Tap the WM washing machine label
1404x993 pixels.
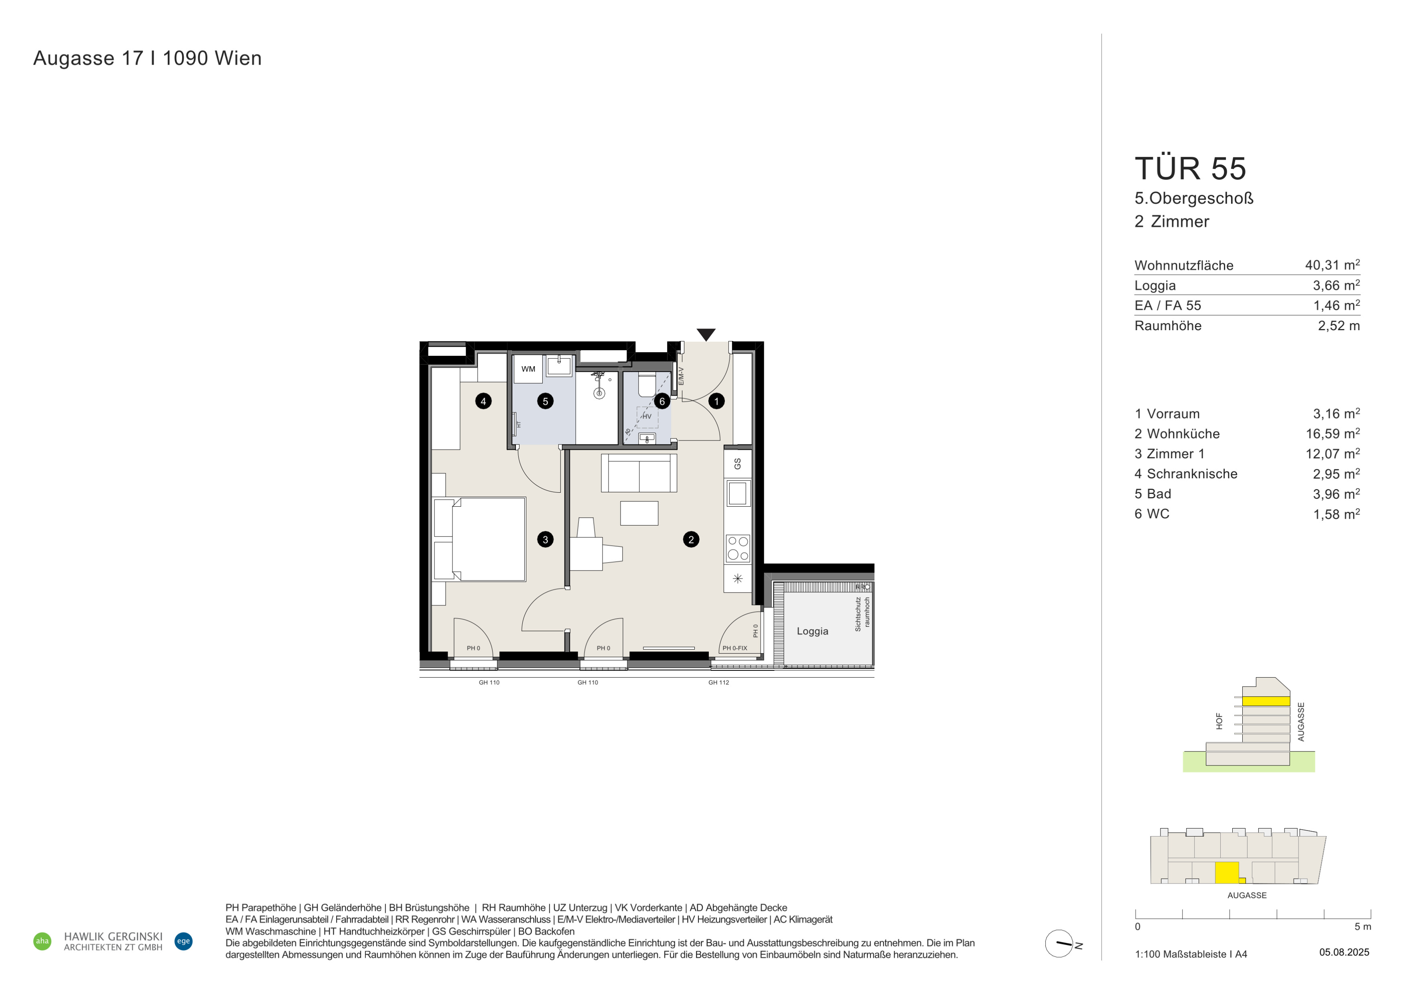528,369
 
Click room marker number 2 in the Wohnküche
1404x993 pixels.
691,539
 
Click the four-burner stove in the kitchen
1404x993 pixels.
737,548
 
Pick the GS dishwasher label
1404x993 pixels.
737,463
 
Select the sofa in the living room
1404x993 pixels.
639,473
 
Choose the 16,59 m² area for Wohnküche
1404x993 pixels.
1333,434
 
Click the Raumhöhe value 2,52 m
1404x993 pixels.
1339,326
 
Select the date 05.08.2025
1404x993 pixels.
1344,952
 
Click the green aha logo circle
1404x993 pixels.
42,941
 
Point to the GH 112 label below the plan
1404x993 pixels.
718,682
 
